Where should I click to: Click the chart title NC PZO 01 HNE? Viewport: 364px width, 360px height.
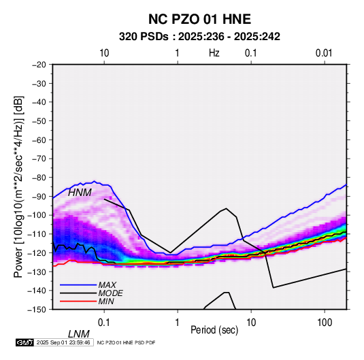[x=199, y=19]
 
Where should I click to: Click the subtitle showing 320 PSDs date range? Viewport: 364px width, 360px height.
[x=199, y=37]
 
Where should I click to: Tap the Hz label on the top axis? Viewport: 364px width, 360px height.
[x=214, y=53]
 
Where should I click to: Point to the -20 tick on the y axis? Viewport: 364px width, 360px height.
[x=39, y=65]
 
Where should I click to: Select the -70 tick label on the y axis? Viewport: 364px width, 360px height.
[x=39, y=159]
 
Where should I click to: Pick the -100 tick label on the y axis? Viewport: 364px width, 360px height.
[x=37, y=215]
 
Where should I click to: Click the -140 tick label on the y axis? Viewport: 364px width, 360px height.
[x=37, y=291]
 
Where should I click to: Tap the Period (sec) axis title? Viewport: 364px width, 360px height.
[x=214, y=330]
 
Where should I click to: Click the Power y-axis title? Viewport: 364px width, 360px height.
[x=18, y=186]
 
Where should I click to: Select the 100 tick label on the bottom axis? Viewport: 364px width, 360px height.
[x=325, y=322]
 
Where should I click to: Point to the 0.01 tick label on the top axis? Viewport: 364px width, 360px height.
[x=324, y=53]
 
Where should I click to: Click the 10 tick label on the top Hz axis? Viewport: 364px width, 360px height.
[x=104, y=53]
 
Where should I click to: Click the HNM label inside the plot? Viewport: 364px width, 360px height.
[x=80, y=193]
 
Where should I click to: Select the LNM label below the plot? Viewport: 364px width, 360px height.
[x=79, y=334]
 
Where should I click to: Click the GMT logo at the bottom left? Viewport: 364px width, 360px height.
[x=25, y=342]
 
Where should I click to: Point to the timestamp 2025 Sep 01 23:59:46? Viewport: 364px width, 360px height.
[x=63, y=342]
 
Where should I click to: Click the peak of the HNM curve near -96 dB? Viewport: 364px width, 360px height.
[x=226, y=208]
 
